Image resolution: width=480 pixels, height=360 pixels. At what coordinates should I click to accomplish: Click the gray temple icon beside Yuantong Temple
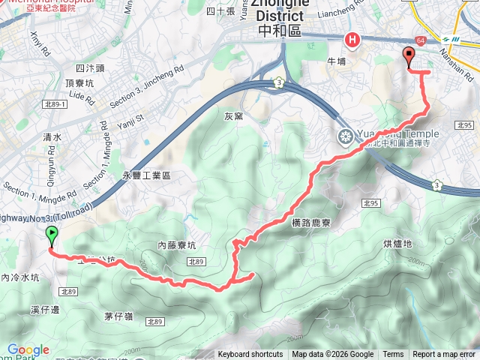(x=345, y=136)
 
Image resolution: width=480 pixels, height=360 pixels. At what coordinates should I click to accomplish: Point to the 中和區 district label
(x=278, y=31)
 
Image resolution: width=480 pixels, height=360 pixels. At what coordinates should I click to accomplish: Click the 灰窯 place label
(x=233, y=116)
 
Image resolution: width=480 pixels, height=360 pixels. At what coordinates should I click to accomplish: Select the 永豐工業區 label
(x=147, y=175)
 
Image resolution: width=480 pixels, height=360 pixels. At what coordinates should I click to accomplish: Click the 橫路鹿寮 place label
(x=308, y=223)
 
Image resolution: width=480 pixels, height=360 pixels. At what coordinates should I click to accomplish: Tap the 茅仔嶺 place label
(x=118, y=316)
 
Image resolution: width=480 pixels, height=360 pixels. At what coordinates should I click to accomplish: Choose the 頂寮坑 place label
(x=80, y=83)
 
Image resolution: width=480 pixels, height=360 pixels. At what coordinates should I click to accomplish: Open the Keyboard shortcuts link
(x=250, y=355)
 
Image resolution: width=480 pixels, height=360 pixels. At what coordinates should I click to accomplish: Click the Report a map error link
(x=445, y=355)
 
